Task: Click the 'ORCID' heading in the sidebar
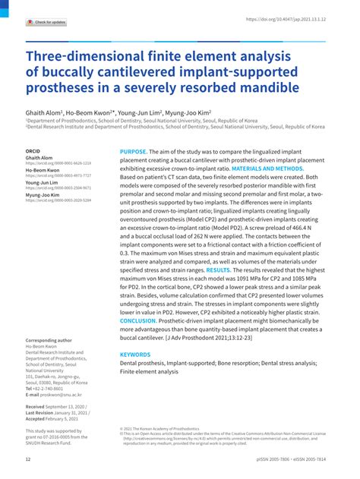(x=33, y=151)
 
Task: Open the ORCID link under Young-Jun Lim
(x=58, y=187)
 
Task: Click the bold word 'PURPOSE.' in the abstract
(x=136, y=152)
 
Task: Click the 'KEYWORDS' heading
(x=135, y=355)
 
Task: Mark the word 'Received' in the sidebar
(x=37, y=407)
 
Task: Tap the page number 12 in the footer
(x=28, y=461)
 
